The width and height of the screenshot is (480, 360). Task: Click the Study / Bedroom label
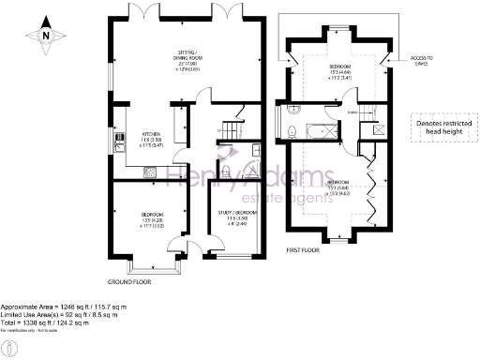coord(238,218)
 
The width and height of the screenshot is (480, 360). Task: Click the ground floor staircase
coord(233,122)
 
